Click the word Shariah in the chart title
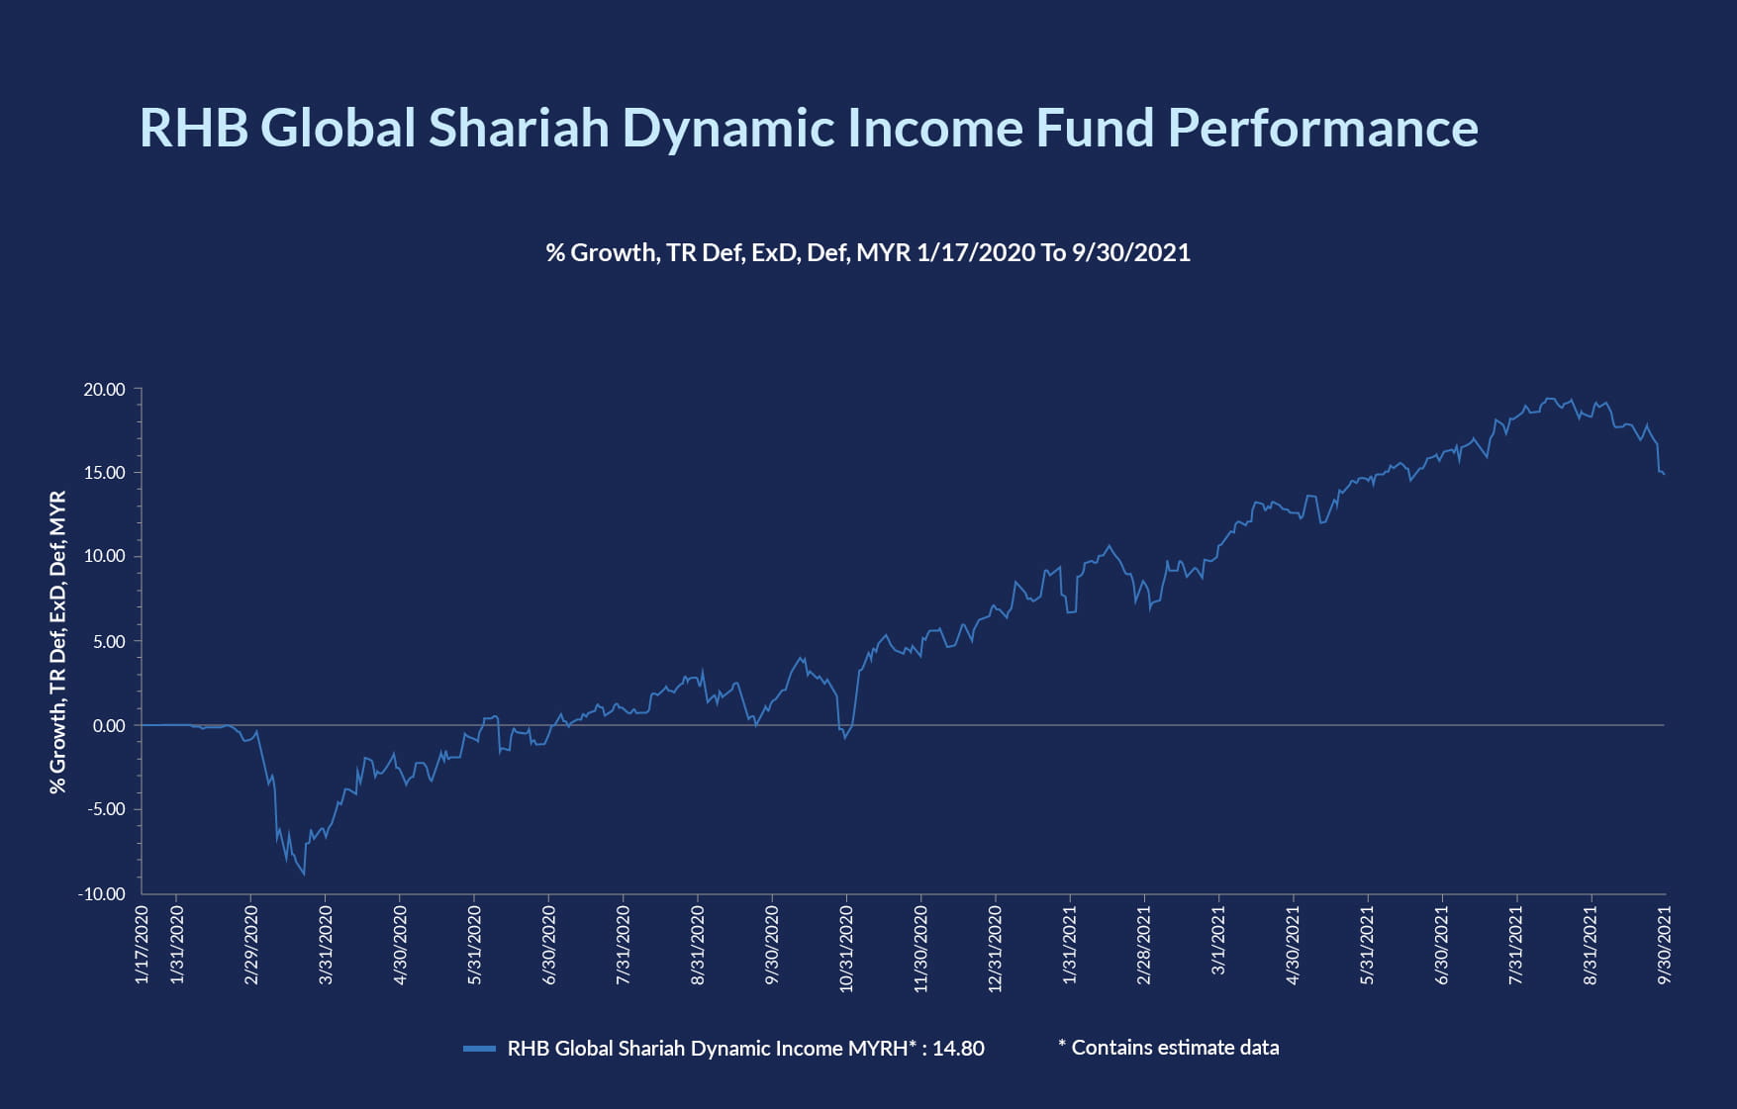click(519, 129)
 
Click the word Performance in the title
click(1322, 129)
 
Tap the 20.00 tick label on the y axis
click(105, 390)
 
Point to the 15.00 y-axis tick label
click(105, 473)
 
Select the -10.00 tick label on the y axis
click(102, 894)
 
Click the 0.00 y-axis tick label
click(109, 726)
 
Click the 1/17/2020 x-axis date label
click(142, 945)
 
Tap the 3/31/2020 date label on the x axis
click(326, 945)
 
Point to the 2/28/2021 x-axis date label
click(1144, 945)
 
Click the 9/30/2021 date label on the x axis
click(1665, 945)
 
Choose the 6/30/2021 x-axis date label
click(1442, 945)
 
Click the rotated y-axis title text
click(58, 642)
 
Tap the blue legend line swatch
click(479, 1049)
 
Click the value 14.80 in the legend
click(958, 1049)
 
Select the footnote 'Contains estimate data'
click(1175, 1048)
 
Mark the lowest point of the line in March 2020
click(304, 875)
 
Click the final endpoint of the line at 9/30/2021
click(1664, 475)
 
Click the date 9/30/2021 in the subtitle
click(1130, 253)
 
